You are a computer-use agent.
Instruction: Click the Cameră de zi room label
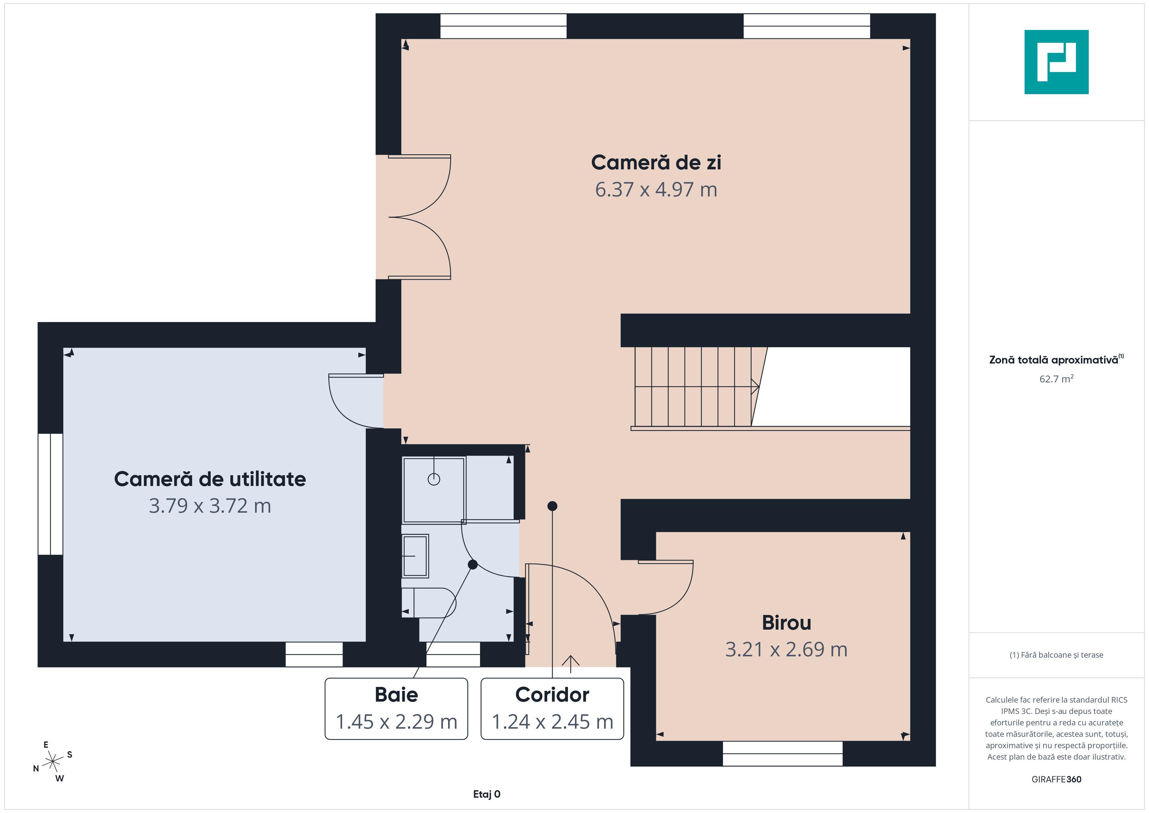(656, 163)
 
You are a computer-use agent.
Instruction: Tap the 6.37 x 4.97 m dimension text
(656, 190)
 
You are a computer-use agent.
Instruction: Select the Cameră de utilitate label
(210, 479)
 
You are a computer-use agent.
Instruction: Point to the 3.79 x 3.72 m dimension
(210, 506)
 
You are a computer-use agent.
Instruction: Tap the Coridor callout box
(552, 708)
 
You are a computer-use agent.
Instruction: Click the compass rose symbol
(52, 762)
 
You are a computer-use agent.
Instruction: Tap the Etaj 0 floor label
(487, 794)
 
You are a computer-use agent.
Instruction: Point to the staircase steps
(693, 387)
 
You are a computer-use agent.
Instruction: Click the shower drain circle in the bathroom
(434, 479)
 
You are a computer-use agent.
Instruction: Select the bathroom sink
(415, 556)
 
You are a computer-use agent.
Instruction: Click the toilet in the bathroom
(430, 603)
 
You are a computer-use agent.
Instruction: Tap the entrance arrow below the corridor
(571, 663)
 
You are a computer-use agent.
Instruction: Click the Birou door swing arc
(681, 596)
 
